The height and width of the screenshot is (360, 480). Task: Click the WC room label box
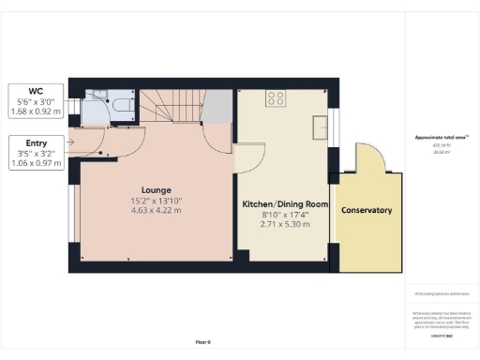35,100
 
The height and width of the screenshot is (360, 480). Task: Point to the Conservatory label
367,210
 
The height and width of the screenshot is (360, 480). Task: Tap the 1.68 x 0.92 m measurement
35,112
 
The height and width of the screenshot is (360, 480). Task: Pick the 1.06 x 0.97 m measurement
35,164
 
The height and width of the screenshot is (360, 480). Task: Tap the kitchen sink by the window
321,124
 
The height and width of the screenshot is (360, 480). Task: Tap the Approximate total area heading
442,138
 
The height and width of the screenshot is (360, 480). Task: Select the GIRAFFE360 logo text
442,321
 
